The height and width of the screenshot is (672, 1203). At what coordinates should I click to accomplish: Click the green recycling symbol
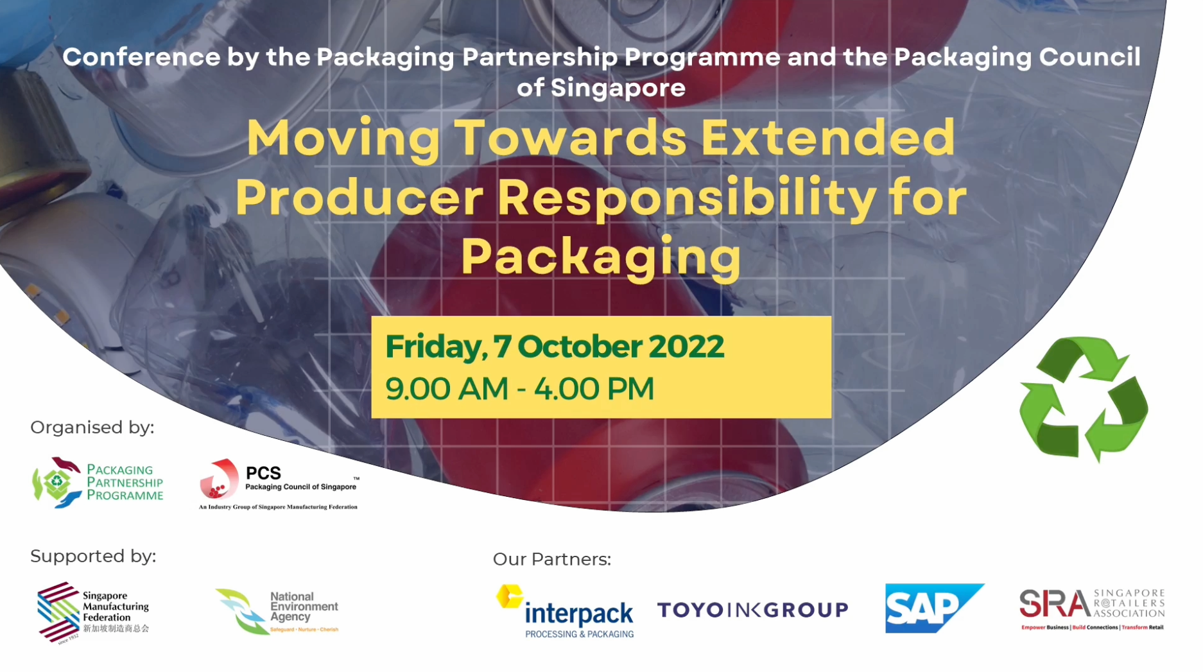click(1084, 399)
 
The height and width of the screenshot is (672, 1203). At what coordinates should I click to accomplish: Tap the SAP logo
click(933, 608)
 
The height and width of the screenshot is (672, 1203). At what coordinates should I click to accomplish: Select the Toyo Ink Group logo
click(752, 610)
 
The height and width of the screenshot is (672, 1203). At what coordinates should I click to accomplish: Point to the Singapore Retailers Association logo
click(1091, 609)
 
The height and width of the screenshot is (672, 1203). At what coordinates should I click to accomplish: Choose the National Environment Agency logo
click(277, 612)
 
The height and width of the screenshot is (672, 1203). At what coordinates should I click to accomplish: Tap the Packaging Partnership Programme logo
click(98, 483)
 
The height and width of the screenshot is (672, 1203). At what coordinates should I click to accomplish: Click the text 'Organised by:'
click(92, 427)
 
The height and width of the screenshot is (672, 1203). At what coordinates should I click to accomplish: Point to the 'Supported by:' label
click(93, 556)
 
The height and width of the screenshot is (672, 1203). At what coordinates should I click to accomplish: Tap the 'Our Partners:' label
click(551, 560)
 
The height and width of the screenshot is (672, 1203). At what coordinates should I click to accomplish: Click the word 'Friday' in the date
click(433, 347)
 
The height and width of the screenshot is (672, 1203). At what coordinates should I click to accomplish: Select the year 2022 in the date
click(686, 347)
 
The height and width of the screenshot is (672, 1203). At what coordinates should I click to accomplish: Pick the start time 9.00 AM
click(447, 389)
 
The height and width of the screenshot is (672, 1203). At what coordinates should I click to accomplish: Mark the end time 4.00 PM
click(594, 389)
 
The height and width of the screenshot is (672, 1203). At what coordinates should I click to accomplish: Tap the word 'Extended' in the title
click(827, 138)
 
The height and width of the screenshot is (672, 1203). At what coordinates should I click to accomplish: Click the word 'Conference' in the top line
click(141, 57)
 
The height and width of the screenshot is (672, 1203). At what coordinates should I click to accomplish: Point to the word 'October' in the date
click(580, 347)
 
